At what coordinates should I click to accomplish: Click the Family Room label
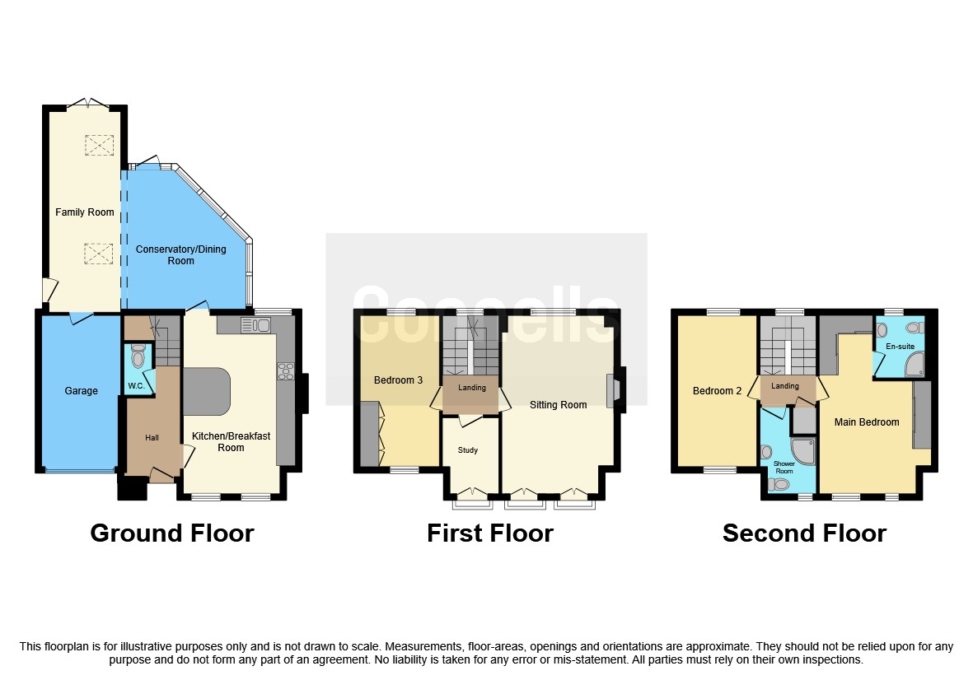click(x=84, y=212)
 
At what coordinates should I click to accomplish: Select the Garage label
click(x=82, y=391)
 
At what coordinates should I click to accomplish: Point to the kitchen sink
click(x=256, y=325)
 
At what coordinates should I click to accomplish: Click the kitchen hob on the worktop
click(x=286, y=371)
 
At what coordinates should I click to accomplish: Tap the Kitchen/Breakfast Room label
click(x=231, y=442)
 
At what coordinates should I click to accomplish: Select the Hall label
click(x=152, y=438)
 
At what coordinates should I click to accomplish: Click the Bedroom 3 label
click(x=398, y=380)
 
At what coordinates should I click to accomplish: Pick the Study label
click(x=467, y=450)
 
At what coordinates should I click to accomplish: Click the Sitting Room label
click(x=558, y=405)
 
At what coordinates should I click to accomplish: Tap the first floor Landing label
click(x=472, y=388)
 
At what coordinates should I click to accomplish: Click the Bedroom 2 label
click(x=717, y=391)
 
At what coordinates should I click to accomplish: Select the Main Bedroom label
click(x=866, y=422)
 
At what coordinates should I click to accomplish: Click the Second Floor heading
click(x=803, y=533)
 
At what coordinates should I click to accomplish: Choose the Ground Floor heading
click(x=171, y=533)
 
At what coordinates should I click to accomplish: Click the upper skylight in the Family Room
click(x=99, y=146)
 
